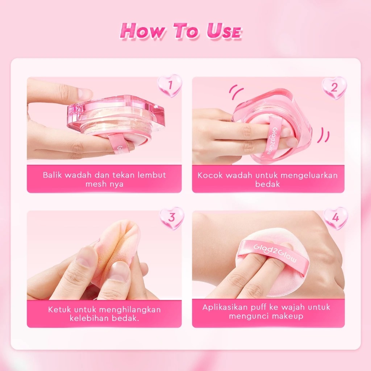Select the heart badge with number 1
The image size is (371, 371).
pyautogui.click(x=169, y=86)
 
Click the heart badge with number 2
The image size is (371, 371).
pyautogui.click(x=334, y=87)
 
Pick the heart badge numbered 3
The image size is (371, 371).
pyautogui.click(x=172, y=218)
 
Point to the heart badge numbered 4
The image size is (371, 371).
pyautogui.click(x=335, y=218)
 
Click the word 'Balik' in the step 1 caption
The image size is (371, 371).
pyautogui.click(x=53, y=175)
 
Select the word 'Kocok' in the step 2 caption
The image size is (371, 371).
pyautogui.click(x=210, y=175)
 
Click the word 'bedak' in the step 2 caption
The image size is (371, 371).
pyautogui.click(x=268, y=184)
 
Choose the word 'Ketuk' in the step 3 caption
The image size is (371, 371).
pyautogui.click(x=59, y=310)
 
